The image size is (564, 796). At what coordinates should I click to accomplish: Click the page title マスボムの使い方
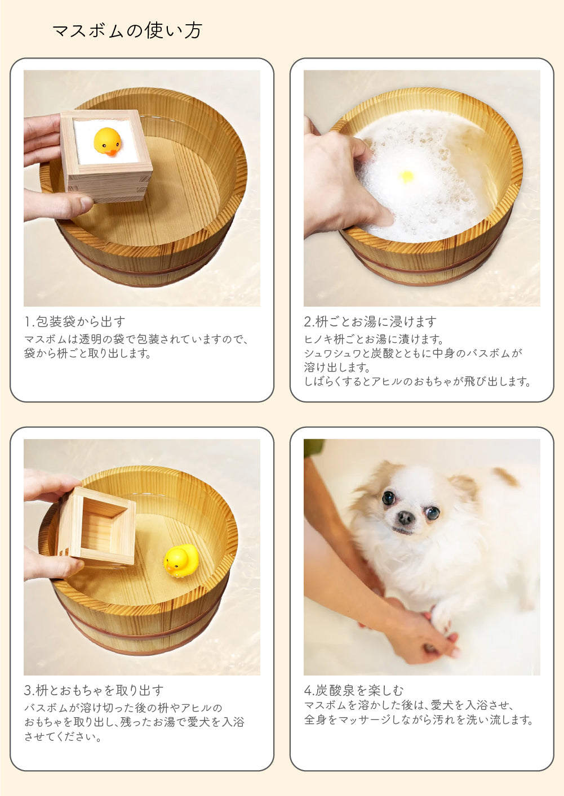(127, 30)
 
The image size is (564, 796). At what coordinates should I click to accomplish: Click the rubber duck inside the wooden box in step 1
(108, 142)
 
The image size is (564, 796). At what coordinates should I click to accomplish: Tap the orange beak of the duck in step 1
(112, 152)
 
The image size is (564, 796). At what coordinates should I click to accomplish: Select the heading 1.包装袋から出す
(75, 321)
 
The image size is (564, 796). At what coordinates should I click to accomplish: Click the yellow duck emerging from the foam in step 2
(407, 176)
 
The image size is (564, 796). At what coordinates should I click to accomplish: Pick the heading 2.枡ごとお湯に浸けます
(370, 321)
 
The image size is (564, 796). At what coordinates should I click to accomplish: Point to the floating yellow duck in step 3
(181, 558)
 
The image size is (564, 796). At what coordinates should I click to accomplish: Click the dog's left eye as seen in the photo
(389, 498)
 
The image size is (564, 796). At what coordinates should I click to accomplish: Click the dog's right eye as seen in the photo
(433, 512)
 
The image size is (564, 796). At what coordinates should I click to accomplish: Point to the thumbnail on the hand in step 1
(87, 203)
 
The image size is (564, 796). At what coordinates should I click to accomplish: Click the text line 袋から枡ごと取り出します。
(87, 353)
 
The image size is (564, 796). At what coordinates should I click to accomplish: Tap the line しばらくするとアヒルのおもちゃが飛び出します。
(418, 382)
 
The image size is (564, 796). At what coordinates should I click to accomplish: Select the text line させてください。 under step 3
(63, 736)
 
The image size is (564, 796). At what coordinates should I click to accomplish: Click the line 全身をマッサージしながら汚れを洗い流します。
(419, 719)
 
